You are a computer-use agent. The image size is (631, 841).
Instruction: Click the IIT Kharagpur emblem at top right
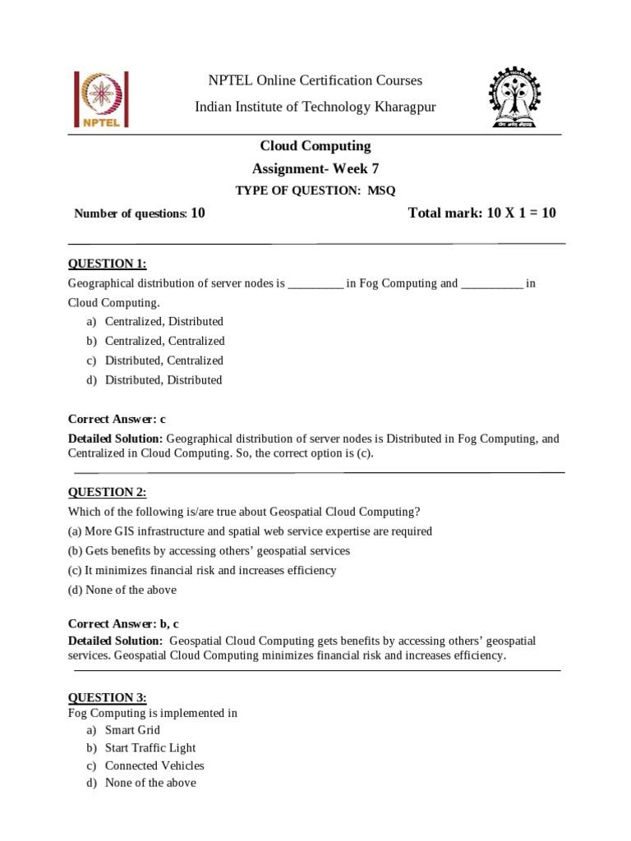[x=523, y=99]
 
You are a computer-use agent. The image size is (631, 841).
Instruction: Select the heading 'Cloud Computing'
[x=315, y=146]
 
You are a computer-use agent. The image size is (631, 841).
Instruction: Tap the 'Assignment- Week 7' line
[x=315, y=169]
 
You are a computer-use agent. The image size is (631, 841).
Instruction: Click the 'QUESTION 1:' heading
[x=107, y=263]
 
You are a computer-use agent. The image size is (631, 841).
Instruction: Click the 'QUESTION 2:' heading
[x=107, y=492]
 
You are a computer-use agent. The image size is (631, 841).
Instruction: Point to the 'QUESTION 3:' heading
[x=107, y=698]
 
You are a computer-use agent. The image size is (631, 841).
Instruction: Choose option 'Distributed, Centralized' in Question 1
[x=164, y=361]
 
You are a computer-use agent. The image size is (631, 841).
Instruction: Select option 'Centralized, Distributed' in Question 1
[x=164, y=321]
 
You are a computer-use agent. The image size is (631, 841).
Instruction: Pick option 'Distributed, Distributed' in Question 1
[x=164, y=380]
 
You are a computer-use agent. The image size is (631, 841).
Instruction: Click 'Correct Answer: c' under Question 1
[x=117, y=419]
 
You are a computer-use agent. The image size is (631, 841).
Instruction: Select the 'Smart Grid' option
[x=132, y=730]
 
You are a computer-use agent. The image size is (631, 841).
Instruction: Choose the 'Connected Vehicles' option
[x=154, y=765]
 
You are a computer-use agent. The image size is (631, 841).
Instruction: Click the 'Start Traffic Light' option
[x=150, y=748]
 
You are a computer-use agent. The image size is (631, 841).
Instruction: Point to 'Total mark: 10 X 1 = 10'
[x=482, y=213]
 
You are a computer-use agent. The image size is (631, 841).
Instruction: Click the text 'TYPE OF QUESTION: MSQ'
[x=315, y=191]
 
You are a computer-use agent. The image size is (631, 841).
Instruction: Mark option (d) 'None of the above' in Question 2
[x=122, y=590]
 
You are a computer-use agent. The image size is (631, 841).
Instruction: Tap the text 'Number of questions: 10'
[x=140, y=214]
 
